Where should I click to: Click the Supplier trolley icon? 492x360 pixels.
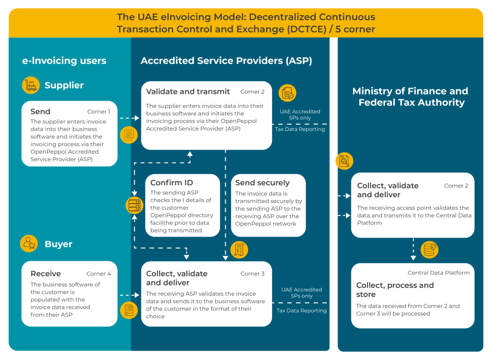coord(31,85)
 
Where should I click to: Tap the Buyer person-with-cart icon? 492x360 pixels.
coord(29,244)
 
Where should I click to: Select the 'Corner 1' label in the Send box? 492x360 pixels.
coord(98,112)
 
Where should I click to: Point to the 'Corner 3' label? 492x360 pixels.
coord(252,274)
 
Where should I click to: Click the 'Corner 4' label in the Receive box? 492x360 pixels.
coord(98,274)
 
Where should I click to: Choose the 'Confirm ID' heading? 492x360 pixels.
coord(172,182)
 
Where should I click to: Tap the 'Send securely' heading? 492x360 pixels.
coord(262,182)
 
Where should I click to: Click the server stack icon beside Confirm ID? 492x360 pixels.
coord(135,205)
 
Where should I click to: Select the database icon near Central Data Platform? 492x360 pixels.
coord(429,250)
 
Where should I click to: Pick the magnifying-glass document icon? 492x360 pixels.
coord(344,161)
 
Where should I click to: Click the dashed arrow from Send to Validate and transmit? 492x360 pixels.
coord(130,118)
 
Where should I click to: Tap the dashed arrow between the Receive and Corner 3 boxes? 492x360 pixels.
coord(130,295)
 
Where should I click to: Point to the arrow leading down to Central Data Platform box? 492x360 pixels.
coord(413,249)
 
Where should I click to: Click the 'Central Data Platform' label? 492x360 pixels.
coord(439,273)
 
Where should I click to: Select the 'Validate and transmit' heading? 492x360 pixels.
coord(188,92)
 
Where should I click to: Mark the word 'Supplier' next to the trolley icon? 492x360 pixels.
coord(64,85)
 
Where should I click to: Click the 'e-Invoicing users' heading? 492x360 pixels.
coord(64,60)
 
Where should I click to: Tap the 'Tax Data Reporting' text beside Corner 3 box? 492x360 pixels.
coord(301,311)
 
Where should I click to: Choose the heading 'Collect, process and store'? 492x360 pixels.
coord(395,290)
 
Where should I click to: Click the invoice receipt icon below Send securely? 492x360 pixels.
coord(239,250)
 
